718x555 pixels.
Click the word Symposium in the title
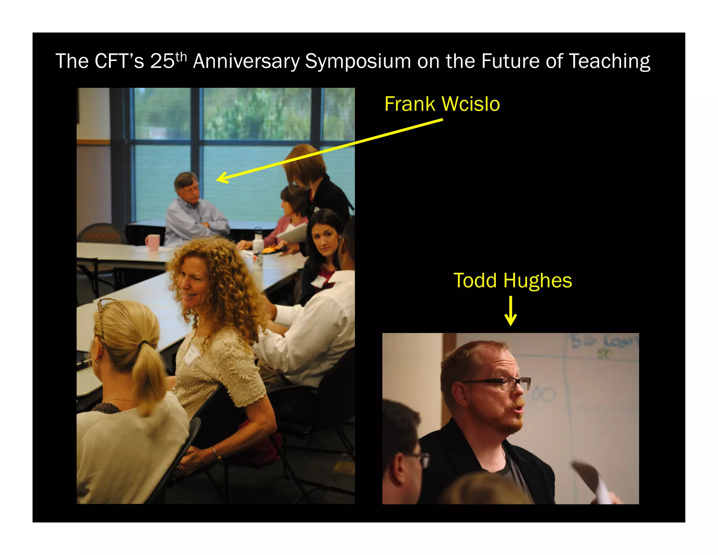[x=358, y=62]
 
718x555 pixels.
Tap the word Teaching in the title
[x=609, y=62]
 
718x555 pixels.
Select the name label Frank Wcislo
[x=442, y=104]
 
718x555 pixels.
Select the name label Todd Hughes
[x=513, y=281]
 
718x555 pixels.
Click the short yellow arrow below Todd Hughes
[x=510, y=311]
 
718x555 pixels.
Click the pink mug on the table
[x=153, y=242]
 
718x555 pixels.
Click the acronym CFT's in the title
[x=119, y=62]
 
